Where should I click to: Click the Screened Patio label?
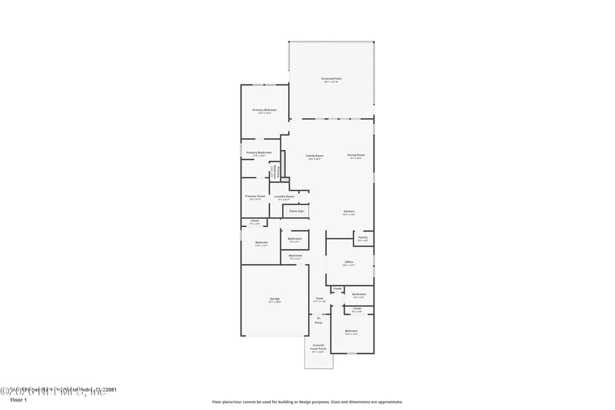pos(331,78)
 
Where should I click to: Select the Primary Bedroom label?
pos(264,110)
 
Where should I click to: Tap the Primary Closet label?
pos(255,196)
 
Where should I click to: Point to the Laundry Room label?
pos(284,196)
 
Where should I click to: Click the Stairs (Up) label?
pos(296,210)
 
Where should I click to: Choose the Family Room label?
pos(314,155)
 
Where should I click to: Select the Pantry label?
pos(362,238)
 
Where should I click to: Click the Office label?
pos(349,262)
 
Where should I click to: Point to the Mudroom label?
pos(295,256)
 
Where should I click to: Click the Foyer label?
pos(319,298)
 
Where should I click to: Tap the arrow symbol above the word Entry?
pos(318,317)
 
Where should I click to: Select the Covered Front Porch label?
pos(317,348)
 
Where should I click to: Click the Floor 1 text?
pos(18,401)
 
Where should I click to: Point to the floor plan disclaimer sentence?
pos(307,402)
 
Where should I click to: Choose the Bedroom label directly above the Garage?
pos(261,243)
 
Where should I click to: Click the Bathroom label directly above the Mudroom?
pos(294,239)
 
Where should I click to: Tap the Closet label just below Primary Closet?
pos(254,222)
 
